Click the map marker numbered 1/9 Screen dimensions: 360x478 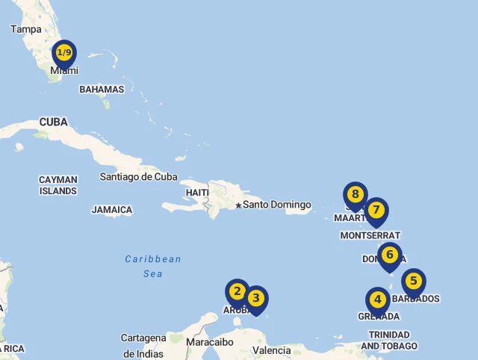(65, 53)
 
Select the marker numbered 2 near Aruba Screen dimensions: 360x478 (238, 292)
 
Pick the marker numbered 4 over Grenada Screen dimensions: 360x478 (378, 300)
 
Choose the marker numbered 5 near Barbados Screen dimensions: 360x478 (413, 282)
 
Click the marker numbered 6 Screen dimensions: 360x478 (389, 255)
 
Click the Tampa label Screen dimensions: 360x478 (25, 29)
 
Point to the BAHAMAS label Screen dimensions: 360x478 (102, 90)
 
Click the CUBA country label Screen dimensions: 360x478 (53, 122)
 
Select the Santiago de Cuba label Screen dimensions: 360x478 (139, 177)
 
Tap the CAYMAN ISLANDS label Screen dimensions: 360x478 (58, 185)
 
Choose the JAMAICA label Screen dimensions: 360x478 (112, 210)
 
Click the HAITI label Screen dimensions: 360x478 (197, 193)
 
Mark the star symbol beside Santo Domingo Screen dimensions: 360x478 (238, 205)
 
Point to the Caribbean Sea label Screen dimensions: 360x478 (153, 267)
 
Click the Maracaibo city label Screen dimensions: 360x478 (210, 342)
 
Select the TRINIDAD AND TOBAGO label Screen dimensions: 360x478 (389, 341)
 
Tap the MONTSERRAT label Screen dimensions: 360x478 (370, 235)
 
